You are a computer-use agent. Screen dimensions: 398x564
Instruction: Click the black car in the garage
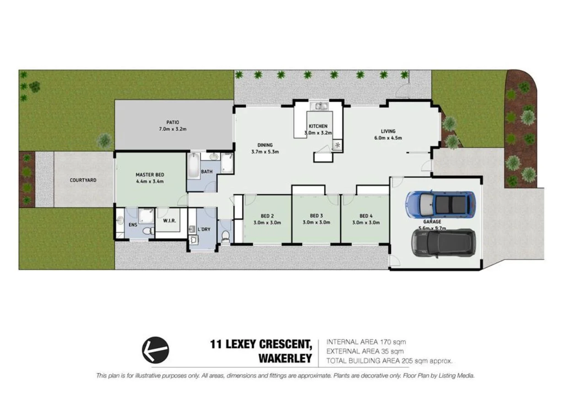coord(443,242)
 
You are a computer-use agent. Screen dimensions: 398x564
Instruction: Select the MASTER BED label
coord(149,175)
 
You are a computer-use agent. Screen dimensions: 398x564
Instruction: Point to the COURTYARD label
coord(83,180)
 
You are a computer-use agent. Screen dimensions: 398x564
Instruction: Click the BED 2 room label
coord(268,216)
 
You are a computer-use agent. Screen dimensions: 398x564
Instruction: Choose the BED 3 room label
coord(316,216)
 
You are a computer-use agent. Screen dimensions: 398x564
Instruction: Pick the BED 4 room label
coord(366,216)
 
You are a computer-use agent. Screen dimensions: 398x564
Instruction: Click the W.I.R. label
coord(170,221)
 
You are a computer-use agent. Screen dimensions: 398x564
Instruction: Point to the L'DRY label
coord(204,229)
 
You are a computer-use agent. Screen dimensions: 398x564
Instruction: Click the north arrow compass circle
coord(155,350)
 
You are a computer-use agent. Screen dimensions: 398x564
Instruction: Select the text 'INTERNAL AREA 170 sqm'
coord(366,342)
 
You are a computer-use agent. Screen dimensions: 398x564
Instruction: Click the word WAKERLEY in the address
coord(285,358)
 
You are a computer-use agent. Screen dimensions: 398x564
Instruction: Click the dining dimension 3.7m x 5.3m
coord(265,151)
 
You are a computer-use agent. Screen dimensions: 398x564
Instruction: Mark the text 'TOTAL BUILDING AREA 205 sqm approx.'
coord(389,361)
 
